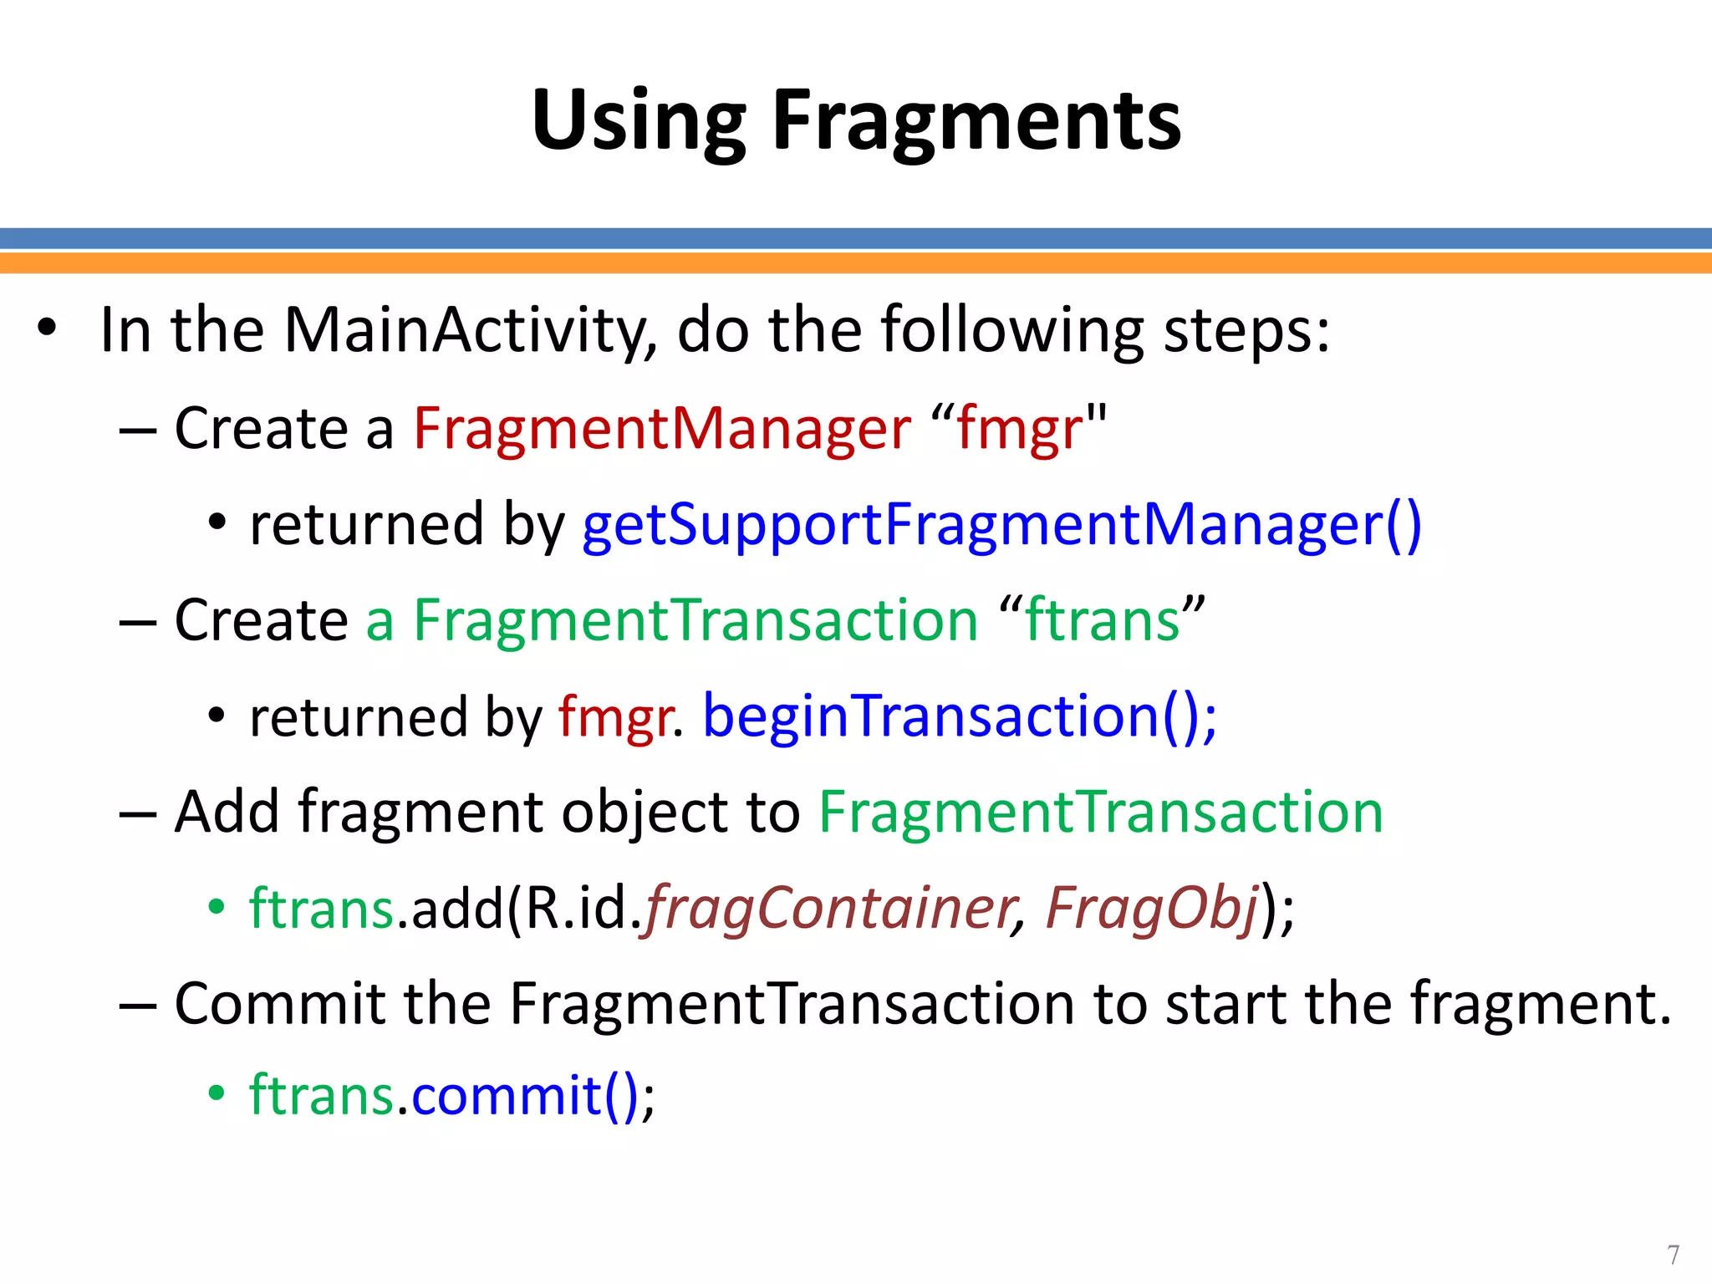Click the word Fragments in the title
tap(976, 123)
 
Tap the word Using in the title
tap(638, 123)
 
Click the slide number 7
tap(1673, 1255)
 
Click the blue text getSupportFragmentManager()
tap(1001, 526)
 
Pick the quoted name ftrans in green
tap(1102, 621)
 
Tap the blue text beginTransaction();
tap(960, 717)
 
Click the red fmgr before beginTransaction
tap(615, 717)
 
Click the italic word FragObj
tap(1152, 909)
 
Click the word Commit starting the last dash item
tap(278, 1004)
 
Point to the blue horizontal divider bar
tap(856, 238)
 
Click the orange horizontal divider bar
tap(856, 263)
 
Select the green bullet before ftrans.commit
tap(217, 1093)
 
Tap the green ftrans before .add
tap(322, 909)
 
